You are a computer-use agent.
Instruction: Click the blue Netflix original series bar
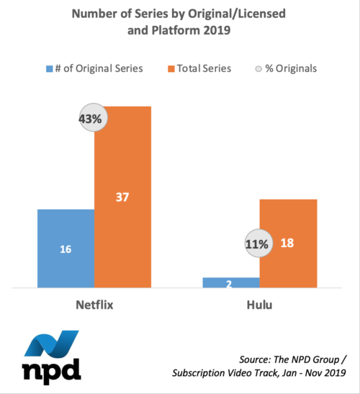pos(66,249)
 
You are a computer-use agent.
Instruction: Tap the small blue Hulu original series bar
pos(231,282)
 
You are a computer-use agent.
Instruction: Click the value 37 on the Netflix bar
pos(122,197)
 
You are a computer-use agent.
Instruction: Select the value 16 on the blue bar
pos(66,249)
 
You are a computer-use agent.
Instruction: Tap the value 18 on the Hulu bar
pos(287,243)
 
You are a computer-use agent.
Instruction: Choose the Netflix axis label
pos(94,305)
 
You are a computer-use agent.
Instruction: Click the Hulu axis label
pos(259,305)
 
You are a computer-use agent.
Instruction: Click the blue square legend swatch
pos(50,68)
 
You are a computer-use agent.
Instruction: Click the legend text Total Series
pos(204,68)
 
